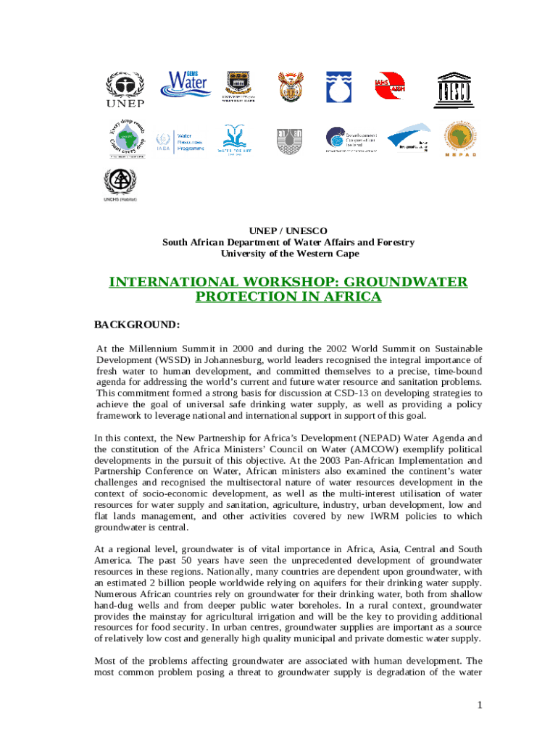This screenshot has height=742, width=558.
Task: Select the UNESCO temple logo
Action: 454,88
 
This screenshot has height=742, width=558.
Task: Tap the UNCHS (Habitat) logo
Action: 120,185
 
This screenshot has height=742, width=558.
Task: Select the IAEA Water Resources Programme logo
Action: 180,141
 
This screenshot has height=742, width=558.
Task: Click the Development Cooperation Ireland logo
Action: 351,139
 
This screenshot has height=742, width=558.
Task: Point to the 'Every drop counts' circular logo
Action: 127,138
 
